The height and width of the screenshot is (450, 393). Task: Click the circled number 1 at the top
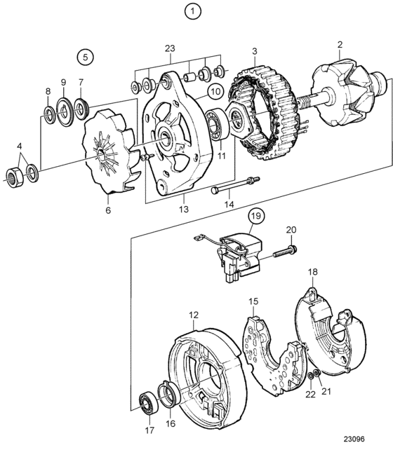click(192, 12)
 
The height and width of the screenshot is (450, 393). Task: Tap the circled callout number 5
click(86, 57)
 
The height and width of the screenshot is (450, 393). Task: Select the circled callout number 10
click(215, 92)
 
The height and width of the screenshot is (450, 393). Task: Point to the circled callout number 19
click(256, 215)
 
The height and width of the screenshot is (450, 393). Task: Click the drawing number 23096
click(354, 439)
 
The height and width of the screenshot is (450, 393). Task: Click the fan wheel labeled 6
click(112, 151)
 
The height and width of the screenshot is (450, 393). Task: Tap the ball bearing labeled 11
click(217, 123)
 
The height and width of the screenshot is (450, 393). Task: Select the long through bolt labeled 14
click(235, 184)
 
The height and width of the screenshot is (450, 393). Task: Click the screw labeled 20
click(284, 252)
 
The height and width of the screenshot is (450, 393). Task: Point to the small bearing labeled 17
click(149, 404)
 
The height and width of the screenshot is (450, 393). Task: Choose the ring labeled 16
click(170, 394)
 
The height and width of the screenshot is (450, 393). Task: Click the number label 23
click(170, 48)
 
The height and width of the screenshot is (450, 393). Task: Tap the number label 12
click(194, 315)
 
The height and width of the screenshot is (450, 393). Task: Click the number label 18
click(313, 271)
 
